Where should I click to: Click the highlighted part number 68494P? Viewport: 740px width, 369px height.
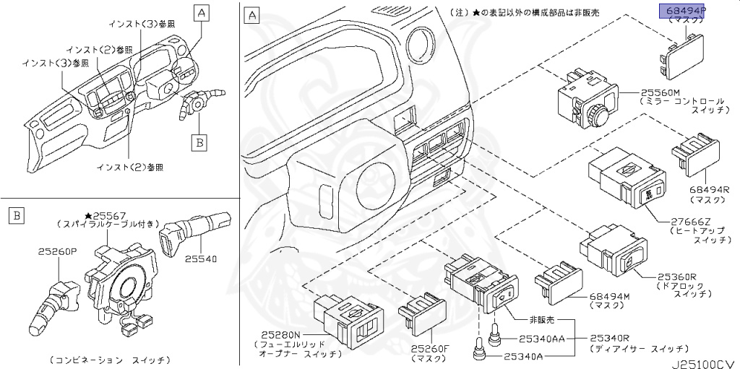click(683, 11)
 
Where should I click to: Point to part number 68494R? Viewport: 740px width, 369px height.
click(710, 189)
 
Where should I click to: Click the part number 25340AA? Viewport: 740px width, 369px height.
click(543, 338)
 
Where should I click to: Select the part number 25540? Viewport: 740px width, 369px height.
click(204, 258)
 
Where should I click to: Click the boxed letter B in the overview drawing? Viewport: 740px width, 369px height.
click(199, 142)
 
